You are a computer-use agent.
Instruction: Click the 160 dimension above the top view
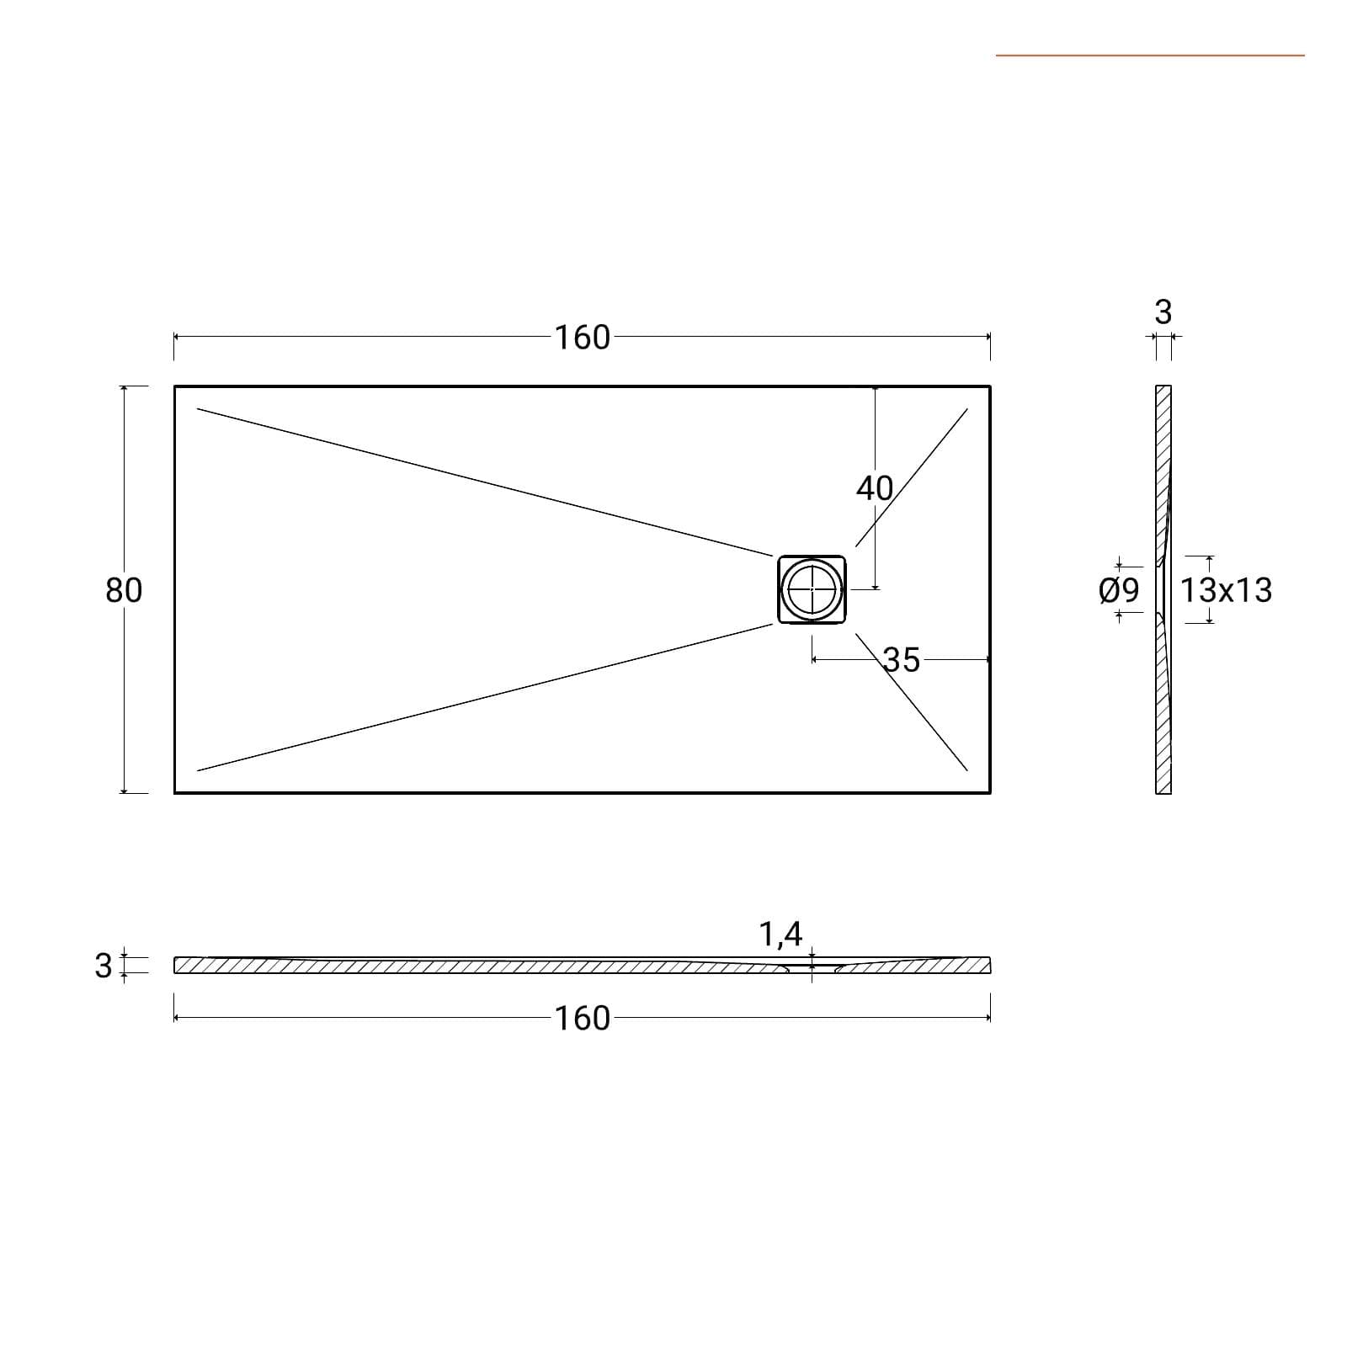click(582, 338)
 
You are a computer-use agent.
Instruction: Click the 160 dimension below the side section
click(582, 1019)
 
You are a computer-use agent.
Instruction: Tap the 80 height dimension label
click(124, 590)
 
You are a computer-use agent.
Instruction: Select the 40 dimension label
click(875, 488)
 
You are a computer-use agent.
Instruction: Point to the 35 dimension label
click(902, 660)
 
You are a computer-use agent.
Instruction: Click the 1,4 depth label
click(781, 934)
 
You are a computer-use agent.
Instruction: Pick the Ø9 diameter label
click(1120, 590)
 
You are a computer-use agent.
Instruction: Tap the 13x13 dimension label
click(1226, 590)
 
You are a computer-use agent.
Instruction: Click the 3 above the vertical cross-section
click(1163, 312)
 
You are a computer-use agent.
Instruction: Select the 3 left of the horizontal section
click(104, 966)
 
